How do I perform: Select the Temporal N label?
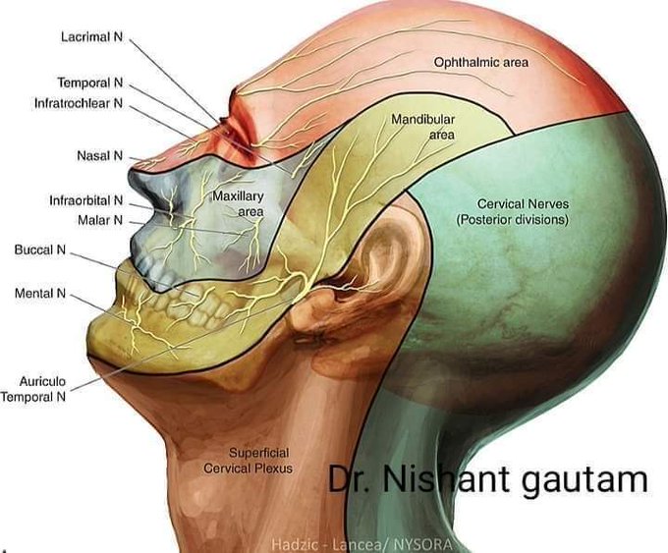(x=89, y=83)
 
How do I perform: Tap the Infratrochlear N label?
(x=78, y=102)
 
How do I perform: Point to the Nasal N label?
(x=99, y=155)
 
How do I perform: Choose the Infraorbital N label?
(x=85, y=200)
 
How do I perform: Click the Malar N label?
(x=100, y=220)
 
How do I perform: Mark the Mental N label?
(x=40, y=294)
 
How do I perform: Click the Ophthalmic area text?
(x=480, y=62)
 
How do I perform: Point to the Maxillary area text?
(x=238, y=203)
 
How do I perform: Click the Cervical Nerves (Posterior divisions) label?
(x=512, y=212)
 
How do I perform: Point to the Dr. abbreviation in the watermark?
(x=349, y=479)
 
